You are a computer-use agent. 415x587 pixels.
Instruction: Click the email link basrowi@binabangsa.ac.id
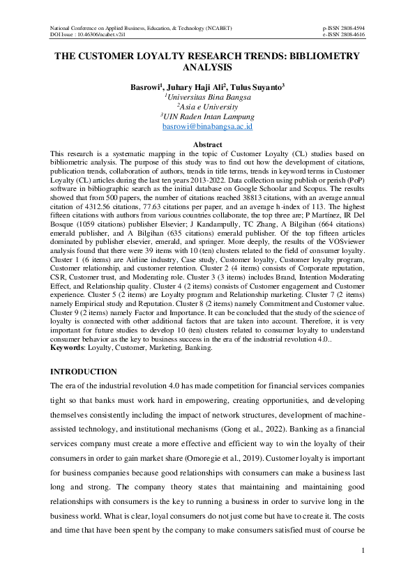[207, 128]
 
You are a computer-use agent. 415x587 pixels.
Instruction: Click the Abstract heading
[207, 144]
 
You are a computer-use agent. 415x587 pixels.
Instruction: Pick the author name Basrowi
[146, 87]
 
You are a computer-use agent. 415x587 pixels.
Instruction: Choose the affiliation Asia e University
[208, 107]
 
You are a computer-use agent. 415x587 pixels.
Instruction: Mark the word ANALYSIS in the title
[207, 68]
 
